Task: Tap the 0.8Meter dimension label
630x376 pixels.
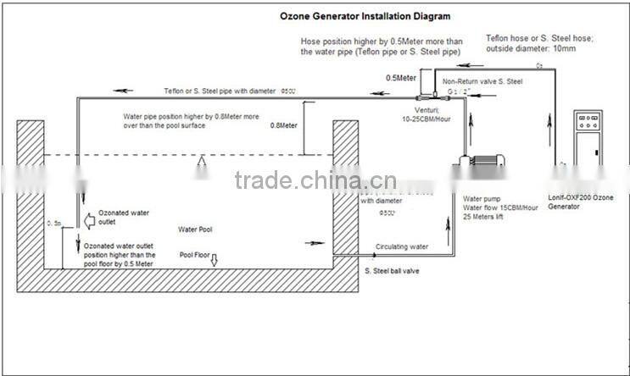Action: [x=283, y=125]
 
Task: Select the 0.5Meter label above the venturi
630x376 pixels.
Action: [x=400, y=77]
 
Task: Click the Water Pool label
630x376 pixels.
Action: [x=195, y=229]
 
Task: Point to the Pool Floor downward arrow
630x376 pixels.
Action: [x=214, y=259]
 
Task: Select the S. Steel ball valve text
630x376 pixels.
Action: [x=391, y=271]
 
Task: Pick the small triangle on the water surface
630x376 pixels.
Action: [x=202, y=161]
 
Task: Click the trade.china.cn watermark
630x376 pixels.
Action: [x=315, y=180]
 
